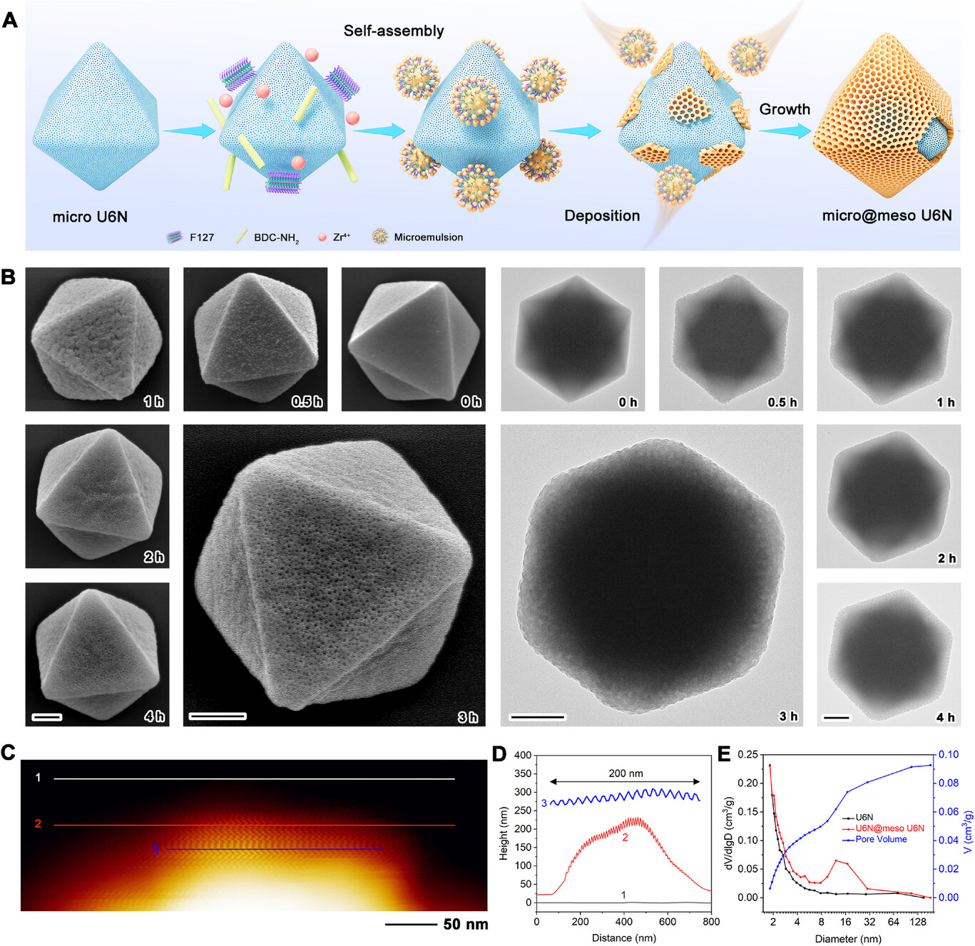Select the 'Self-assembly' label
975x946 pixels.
tap(393, 31)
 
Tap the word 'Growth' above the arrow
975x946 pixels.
tap(785, 109)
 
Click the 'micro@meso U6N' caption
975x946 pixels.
tap(887, 215)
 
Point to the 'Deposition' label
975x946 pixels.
tap(602, 216)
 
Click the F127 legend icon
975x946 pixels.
tap(175, 237)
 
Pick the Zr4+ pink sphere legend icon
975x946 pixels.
tap(322, 237)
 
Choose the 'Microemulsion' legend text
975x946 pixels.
tap(428, 237)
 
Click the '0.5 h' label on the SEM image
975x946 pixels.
tap(307, 401)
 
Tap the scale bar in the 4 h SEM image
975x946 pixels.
tap(47, 716)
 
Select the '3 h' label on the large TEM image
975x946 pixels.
tap(788, 716)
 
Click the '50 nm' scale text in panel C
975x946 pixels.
tap(466, 925)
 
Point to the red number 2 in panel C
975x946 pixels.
tap(38, 824)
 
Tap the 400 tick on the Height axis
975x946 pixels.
tap(524, 755)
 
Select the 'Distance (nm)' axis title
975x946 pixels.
tap(623, 937)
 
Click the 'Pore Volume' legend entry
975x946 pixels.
tap(881, 839)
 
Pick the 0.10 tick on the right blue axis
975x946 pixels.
tap(948, 755)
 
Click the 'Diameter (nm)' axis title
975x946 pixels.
tap(848, 938)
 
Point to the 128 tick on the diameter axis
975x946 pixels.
tap(918, 922)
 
